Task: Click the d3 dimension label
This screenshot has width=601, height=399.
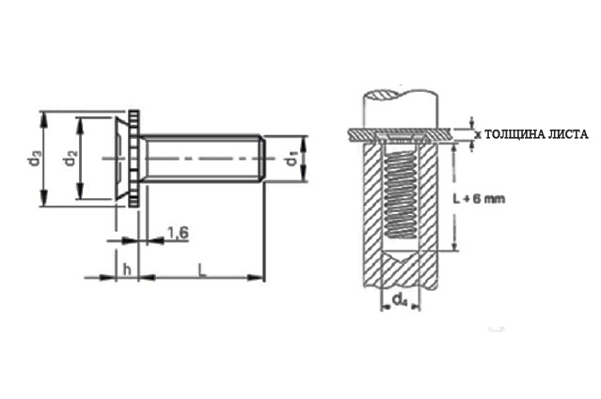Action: pyautogui.click(x=35, y=159)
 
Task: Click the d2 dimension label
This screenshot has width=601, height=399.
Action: pyautogui.click(x=71, y=159)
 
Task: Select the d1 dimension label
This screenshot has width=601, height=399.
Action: pyautogui.click(x=293, y=159)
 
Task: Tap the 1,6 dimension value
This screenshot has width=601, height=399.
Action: pyautogui.click(x=178, y=233)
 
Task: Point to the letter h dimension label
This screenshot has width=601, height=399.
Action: pyautogui.click(x=127, y=269)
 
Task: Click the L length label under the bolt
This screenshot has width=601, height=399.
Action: pyautogui.click(x=202, y=269)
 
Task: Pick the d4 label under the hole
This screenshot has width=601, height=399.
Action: pyautogui.click(x=400, y=300)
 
